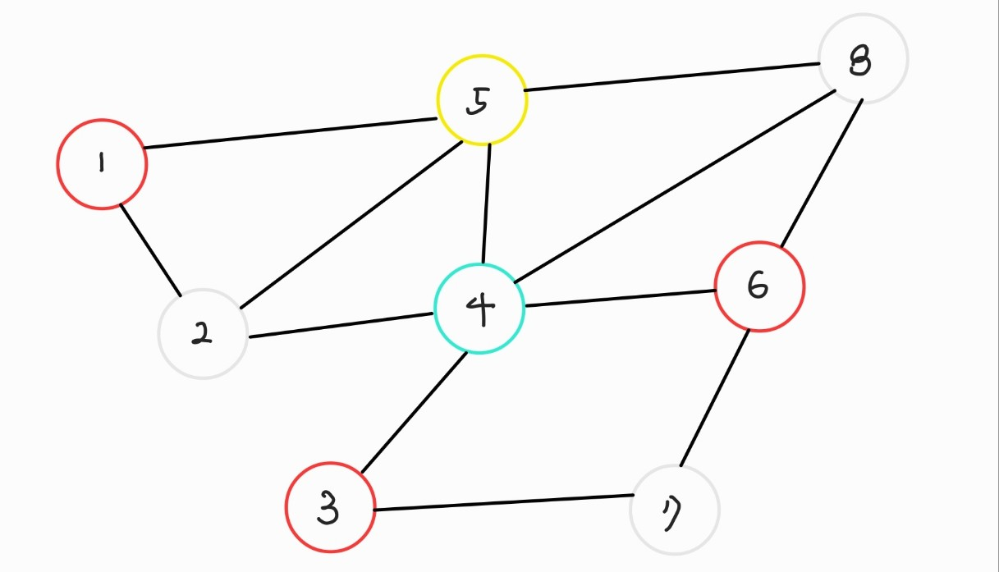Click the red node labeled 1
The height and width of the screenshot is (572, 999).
pyautogui.click(x=102, y=164)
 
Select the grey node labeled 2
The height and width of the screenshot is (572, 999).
pyautogui.click(x=203, y=334)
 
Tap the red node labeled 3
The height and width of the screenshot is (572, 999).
pyautogui.click(x=330, y=508)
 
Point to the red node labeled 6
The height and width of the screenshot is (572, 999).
pyautogui.click(x=760, y=286)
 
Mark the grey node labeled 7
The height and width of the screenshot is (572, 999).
pyautogui.click(x=675, y=510)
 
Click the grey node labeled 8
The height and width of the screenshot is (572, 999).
pyautogui.click(x=863, y=58)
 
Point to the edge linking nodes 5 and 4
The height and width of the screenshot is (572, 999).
pyautogui.click(x=486, y=204)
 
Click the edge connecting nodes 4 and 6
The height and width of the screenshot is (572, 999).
pyautogui.click(x=620, y=298)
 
